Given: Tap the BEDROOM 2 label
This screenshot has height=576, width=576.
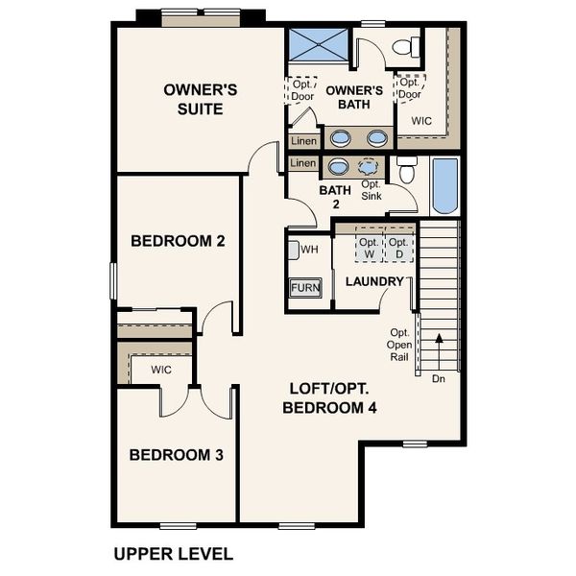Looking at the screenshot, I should pos(178,240).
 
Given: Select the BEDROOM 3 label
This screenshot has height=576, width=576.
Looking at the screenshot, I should pos(177,454).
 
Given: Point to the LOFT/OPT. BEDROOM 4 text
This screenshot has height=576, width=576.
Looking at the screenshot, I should pos(329,397).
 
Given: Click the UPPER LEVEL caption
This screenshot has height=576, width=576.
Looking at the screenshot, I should pos(173,554).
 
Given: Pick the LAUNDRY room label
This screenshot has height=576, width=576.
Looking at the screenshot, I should pos(374,281).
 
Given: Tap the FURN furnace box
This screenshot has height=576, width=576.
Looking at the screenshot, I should pos(305,287).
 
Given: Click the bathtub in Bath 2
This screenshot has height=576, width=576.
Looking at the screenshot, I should pos(445,185).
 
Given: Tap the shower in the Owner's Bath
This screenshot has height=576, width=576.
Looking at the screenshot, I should pos(319,46).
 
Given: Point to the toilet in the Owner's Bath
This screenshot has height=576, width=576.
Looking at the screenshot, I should pos(408,45).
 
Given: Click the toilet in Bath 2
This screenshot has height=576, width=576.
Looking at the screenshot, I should pos(406,171).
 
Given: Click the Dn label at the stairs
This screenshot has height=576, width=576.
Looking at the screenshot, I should pos(439,378).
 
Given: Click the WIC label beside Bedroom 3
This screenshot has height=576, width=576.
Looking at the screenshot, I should pos(161,369).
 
